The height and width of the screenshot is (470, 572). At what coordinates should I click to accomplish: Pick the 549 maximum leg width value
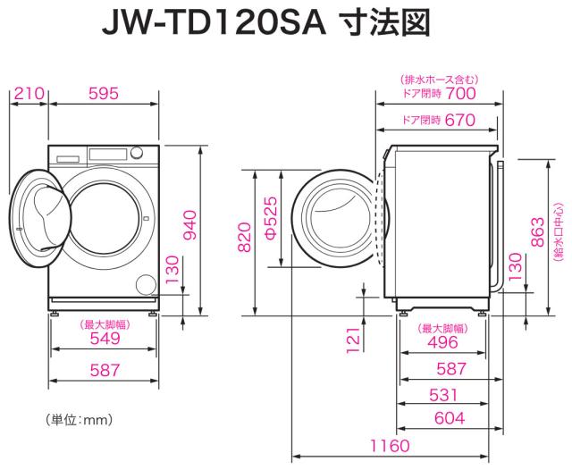[x=105, y=340]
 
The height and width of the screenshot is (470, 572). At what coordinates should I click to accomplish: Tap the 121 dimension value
[x=352, y=336]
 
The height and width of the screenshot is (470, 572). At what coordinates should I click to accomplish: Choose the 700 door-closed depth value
[x=460, y=93]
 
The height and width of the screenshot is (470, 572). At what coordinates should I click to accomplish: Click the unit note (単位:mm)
[x=78, y=418]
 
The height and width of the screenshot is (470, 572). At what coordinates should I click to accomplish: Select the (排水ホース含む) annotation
[x=438, y=79]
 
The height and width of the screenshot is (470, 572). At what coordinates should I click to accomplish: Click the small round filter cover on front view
[x=143, y=284]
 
